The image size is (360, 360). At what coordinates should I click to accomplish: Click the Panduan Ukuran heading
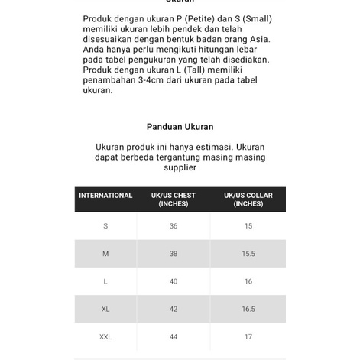(x=180, y=127)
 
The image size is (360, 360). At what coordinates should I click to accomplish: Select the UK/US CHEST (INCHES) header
(x=174, y=199)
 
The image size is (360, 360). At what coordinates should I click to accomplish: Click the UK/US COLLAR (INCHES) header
(x=248, y=199)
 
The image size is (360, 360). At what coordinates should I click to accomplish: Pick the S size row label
(x=105, y=226)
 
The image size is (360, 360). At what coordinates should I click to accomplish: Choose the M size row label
(x=105, y=254)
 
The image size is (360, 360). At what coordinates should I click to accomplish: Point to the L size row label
(x=105, y=281)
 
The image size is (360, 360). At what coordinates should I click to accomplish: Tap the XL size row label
(x=105, y=309)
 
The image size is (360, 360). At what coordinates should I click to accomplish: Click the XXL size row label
(x=105, y=336)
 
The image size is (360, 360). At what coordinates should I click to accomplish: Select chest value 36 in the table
(x=174, y=226)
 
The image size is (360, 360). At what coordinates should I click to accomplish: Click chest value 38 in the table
(x=174, y=254)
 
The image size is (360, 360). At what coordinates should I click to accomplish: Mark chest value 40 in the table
(x=174, y=281)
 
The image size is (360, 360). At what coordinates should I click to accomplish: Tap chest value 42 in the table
(x=174, y=309)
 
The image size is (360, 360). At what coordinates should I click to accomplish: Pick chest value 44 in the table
(x=174, y=336)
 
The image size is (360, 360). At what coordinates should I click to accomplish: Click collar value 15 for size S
(x=248, y=226)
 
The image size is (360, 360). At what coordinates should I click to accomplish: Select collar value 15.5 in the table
(x=248, y=254)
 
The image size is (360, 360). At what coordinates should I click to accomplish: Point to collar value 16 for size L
(x=248, y=281)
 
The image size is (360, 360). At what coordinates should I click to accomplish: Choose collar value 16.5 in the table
(x=248, y=309)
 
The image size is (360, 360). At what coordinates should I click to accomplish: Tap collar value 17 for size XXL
(x=248, y=336)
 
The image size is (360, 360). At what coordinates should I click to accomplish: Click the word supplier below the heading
(x=180, y=167)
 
